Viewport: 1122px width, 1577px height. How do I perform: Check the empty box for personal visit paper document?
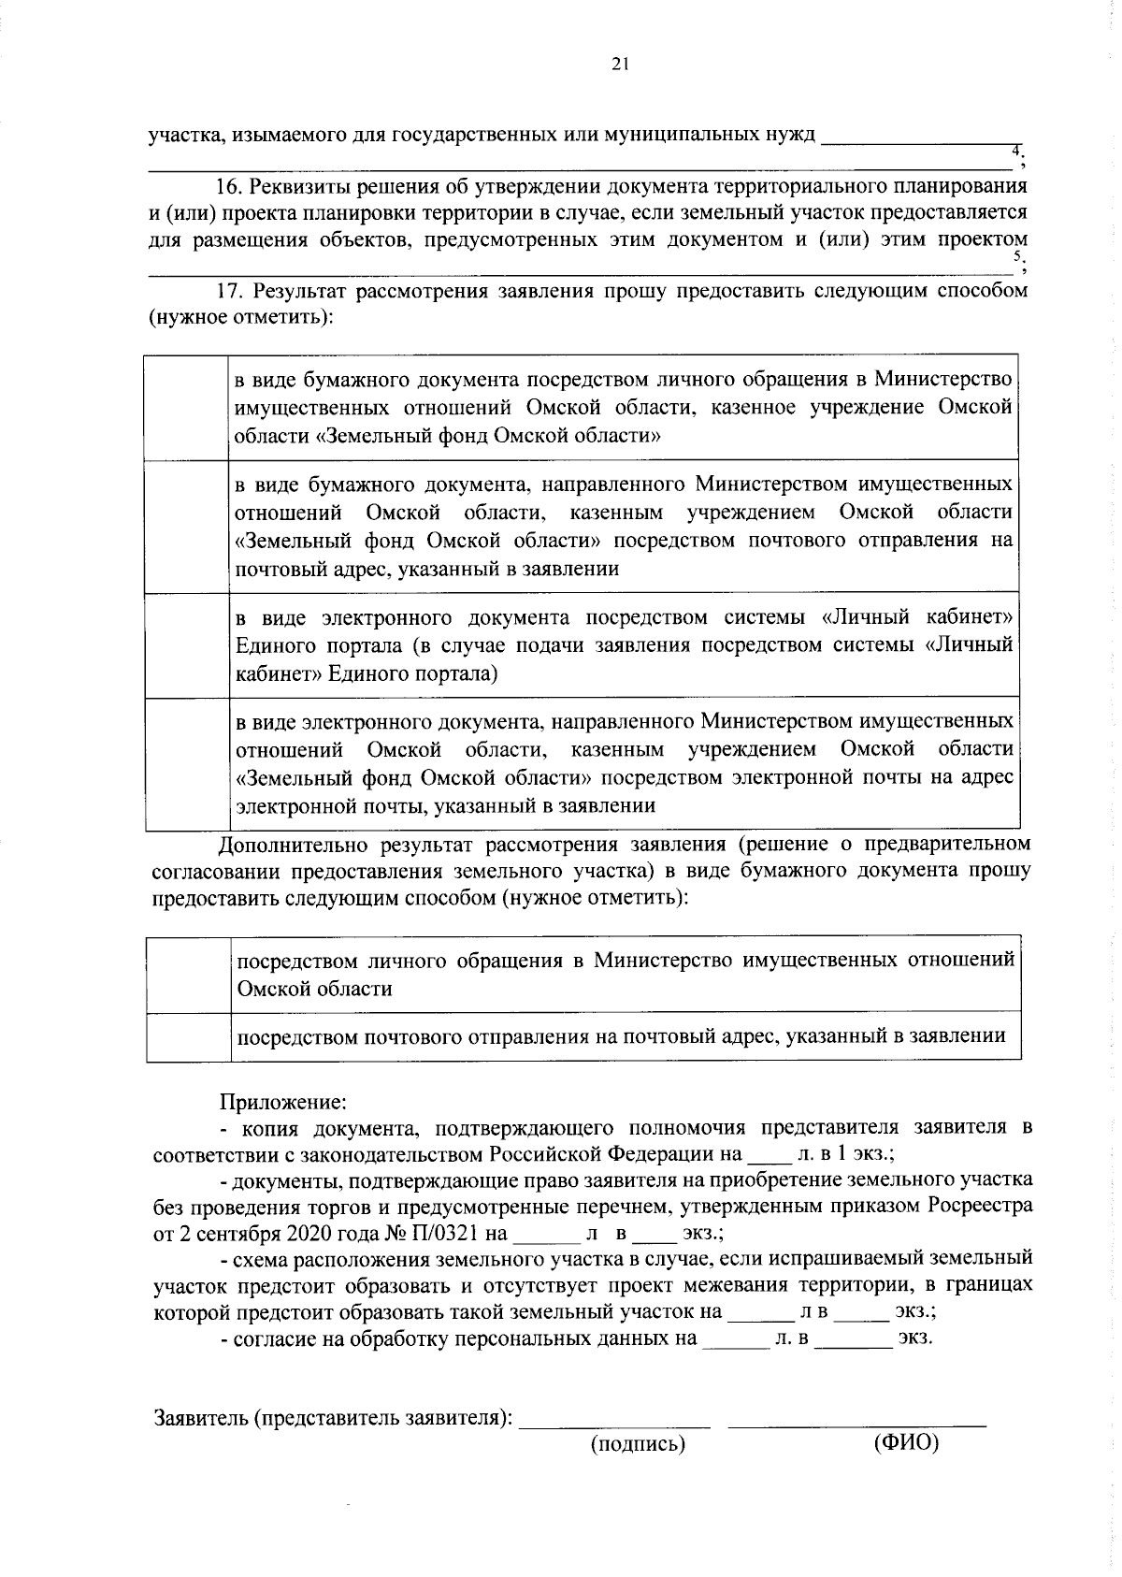[x=187, y=407]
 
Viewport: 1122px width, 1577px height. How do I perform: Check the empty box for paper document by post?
[x=187, y=526]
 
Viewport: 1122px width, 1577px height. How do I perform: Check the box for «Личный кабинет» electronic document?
[x=187, y=644]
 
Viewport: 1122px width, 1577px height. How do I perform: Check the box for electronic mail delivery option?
[x=187, y=763]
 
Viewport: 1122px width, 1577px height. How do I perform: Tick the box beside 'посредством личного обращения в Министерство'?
[x=189, y=974]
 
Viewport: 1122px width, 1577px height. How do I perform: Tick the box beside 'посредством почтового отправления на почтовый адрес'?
[x=189, y=1036]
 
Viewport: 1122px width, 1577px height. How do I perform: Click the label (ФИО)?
[x=905, y=1443]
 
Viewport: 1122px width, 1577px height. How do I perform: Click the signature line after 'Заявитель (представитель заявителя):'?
[x=615, y=1424]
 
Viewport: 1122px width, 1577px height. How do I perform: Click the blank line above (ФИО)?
[x=856, y=1424]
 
